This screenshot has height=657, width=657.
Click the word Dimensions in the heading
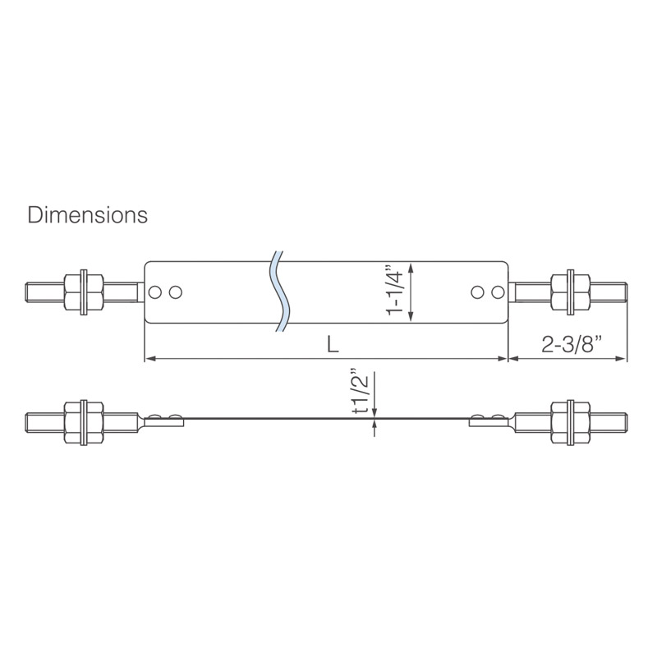[x=88, y=215]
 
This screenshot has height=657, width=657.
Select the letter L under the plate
[x=332, y=346]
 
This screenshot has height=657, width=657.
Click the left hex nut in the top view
[x=84, y=292]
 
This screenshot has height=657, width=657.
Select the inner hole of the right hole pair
[x=478, y=292]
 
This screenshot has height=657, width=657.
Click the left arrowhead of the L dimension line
[x=149, y=359]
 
